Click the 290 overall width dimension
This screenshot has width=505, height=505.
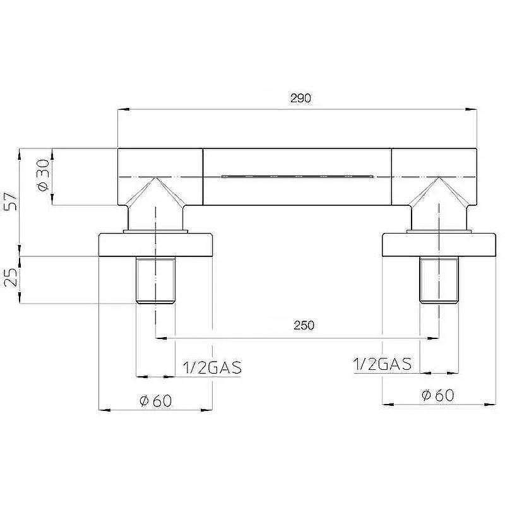pos(300,98)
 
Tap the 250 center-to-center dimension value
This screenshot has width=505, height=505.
pos(304,325)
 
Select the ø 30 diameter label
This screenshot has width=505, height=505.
pos(44,175)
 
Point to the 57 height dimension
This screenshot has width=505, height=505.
pos(10,201)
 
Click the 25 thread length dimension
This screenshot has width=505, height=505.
pos(10,277)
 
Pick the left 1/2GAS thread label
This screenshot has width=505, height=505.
pos(212,367)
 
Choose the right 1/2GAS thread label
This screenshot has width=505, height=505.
pos(383,364)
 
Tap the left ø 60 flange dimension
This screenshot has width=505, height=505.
pos(156,401)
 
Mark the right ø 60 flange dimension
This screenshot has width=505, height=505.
pos(438,396)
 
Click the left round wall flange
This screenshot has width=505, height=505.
pos(155,245)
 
